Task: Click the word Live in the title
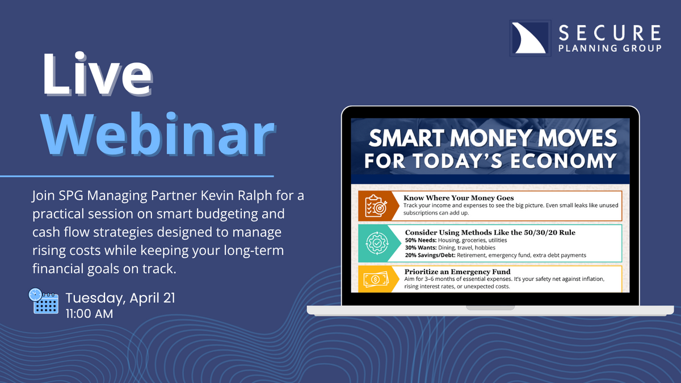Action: pos(97,74)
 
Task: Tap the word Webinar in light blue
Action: pos(158,134)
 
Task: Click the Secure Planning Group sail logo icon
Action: pos(530,39)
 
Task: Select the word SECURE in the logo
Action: pos(609,33)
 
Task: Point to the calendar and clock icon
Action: pos(44,301)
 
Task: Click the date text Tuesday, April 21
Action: pos(120,298)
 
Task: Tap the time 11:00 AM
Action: pos(90,314)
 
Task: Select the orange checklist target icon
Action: pos(376,206)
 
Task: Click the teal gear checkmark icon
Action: pos(377,243)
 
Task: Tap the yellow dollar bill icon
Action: pos(376,279)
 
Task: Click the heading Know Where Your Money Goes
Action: pos(459,198)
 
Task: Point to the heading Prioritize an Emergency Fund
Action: pos(457,271)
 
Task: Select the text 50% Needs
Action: pos(421,240)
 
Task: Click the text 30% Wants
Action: pos(421,248)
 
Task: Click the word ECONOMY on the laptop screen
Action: pos(564,161)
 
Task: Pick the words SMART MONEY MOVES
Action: pos(493,138)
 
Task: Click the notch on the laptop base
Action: pos(490,308)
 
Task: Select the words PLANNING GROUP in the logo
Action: pos(610,48)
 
